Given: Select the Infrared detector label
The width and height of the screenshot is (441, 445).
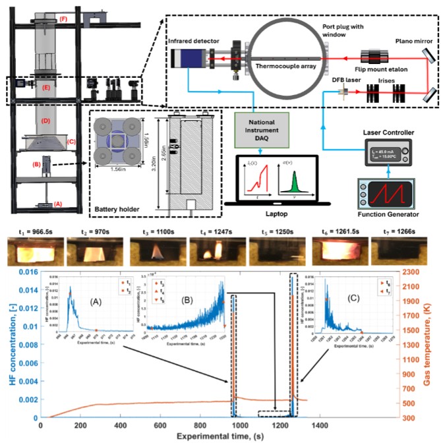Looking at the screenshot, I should [189, 41].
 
